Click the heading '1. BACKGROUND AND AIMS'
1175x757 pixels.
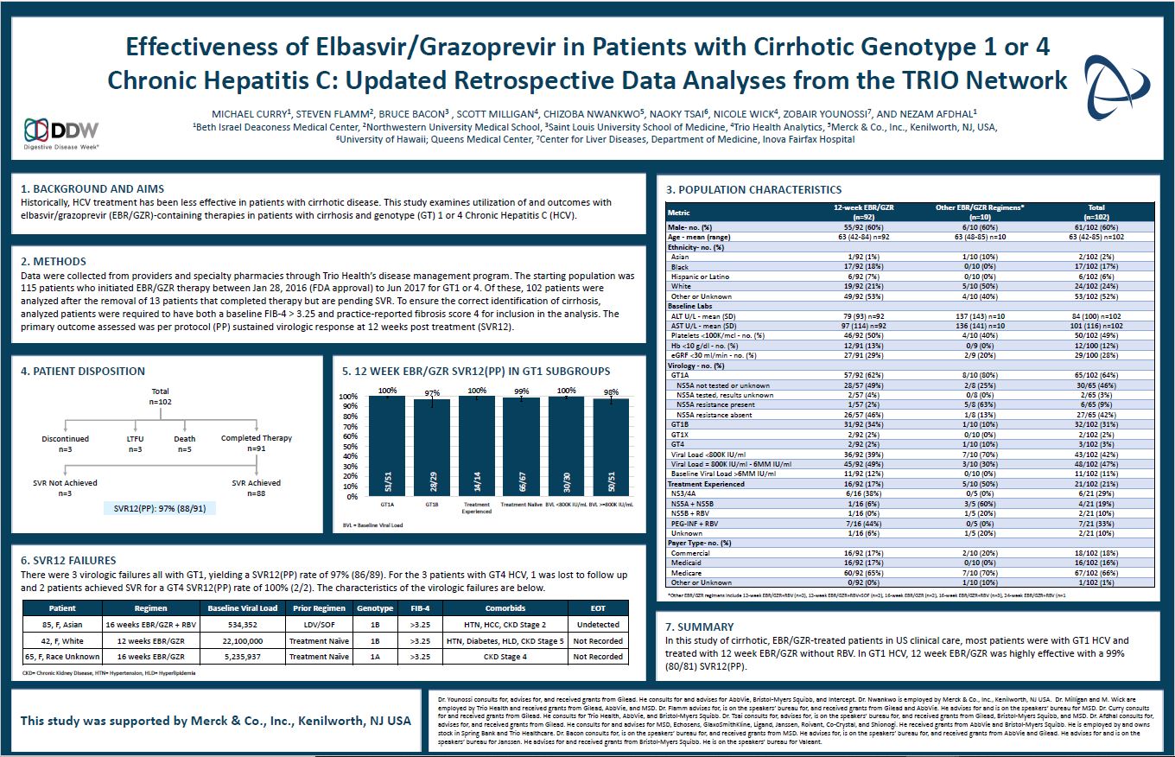coord(92,188)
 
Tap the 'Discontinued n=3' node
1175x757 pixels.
coord(65,444)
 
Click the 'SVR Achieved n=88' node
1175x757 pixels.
coord(257,488)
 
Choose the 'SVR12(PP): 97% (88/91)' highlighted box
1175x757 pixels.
coord(159,508)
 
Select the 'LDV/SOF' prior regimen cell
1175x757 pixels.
coord(320,624)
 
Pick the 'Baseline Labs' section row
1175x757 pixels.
coord(691,306)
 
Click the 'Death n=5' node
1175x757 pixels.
coord(184,444)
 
